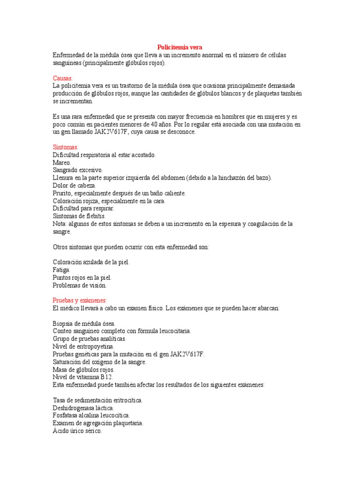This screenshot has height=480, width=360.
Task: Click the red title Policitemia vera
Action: [180, 47]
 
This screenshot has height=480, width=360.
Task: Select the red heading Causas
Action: [62, 78]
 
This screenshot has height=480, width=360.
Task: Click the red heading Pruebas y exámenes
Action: [80, 300]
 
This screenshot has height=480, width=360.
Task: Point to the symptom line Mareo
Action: [62, 163]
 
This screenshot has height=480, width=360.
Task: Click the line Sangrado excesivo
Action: [78, 170]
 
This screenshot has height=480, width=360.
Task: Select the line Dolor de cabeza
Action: [74, 186]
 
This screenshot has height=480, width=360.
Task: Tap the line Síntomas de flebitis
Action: [79, 216]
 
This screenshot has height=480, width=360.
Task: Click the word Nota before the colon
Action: [60, 224]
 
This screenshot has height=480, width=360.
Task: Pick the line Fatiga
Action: [62, 270]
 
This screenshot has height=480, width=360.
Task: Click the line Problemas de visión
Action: [80, 285]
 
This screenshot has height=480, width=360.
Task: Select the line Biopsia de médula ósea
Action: [84, 323]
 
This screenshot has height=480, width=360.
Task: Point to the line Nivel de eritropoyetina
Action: [83, 346]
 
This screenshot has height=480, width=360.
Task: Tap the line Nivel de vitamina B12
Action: [83, 377]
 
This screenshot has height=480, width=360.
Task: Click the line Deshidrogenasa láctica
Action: [83, 408]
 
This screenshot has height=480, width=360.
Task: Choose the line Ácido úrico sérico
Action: [77, 431]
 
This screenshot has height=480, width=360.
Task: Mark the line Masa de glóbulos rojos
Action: [83, 369]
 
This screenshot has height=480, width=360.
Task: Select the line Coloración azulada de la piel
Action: [91, 262]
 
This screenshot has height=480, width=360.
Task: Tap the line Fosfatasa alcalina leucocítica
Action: [91, 415]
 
